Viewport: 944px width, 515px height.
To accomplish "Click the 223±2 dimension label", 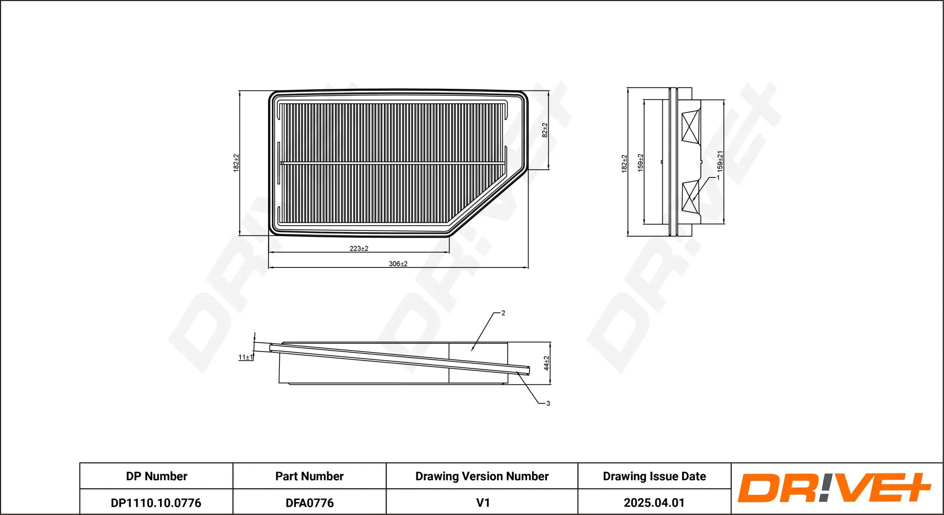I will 359,249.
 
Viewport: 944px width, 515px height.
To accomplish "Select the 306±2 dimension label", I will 398,264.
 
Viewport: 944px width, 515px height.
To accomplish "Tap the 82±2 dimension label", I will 544,130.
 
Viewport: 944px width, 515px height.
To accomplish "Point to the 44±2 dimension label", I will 546,363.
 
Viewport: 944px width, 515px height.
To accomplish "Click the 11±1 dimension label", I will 246,357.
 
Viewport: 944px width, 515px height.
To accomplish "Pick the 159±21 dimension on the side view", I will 720,161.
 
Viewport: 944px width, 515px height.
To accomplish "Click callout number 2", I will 503,313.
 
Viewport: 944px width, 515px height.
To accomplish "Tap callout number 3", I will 548,404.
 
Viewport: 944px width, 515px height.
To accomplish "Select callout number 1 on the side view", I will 718,177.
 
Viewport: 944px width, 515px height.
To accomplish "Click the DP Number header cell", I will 156,476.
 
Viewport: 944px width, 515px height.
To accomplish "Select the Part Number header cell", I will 309,476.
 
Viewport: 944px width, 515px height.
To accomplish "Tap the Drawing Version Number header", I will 482,476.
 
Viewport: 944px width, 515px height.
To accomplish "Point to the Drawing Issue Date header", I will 654,476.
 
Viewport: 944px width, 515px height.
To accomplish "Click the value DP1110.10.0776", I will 156,503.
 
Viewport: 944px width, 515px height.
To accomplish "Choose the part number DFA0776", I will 309,503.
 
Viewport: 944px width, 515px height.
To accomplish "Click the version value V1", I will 483,503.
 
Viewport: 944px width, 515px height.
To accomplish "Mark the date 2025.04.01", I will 654,503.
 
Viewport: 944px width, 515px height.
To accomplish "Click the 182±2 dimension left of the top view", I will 236,163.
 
